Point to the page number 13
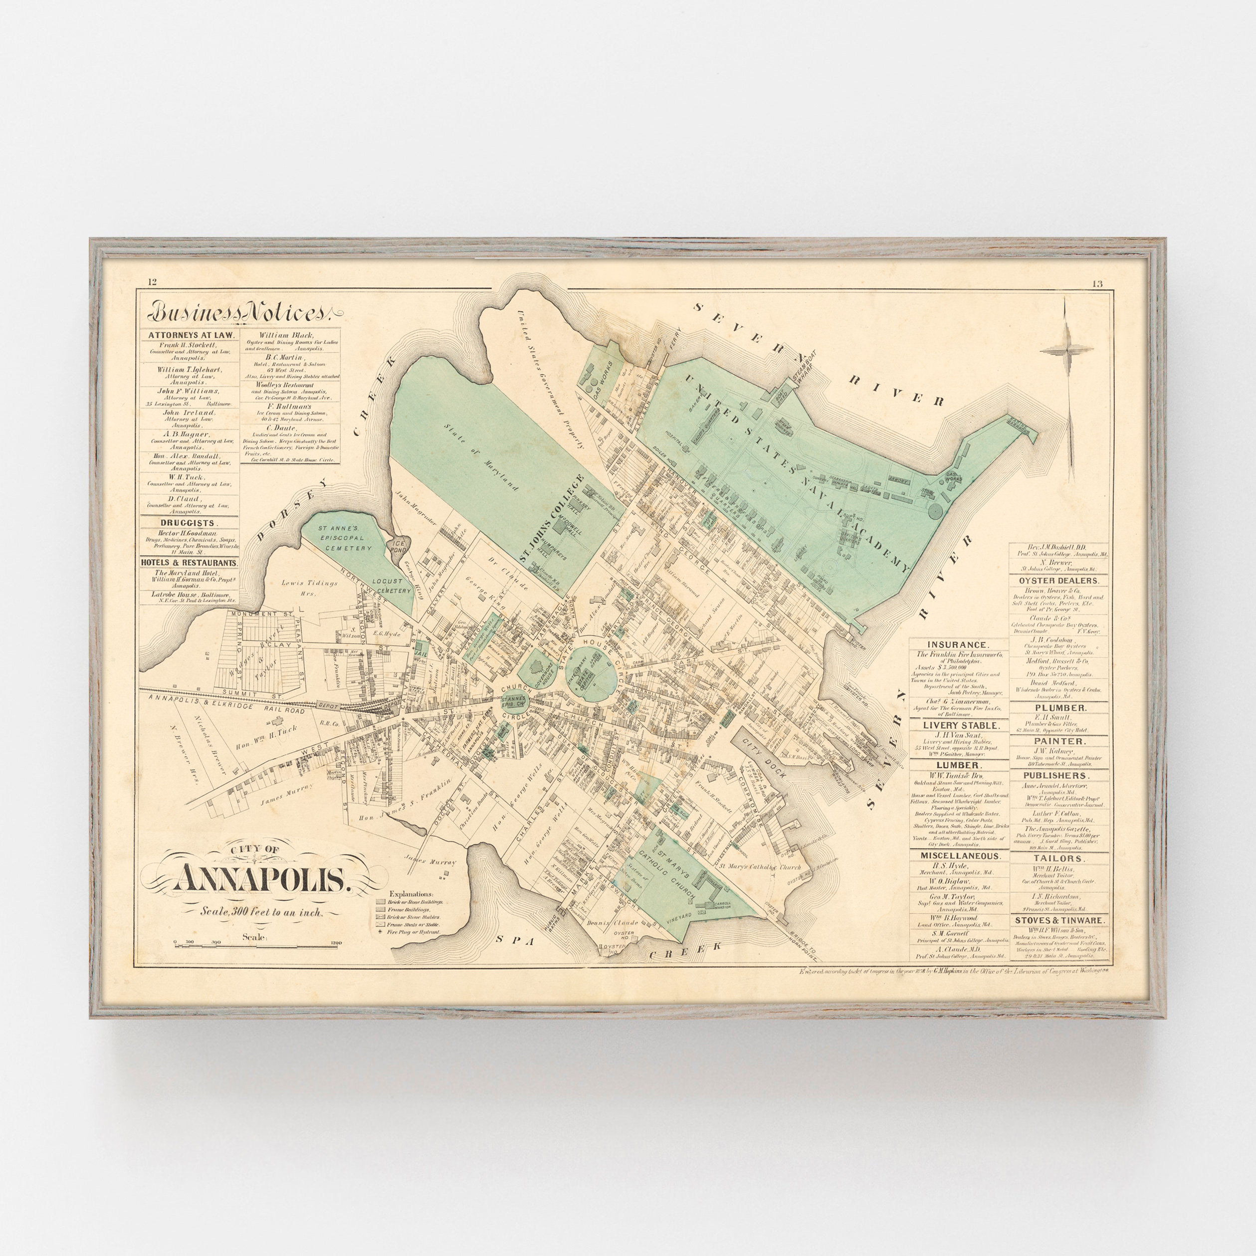point(1097,283)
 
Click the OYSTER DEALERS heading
point(1058,581)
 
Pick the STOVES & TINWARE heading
point(1058,920)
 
